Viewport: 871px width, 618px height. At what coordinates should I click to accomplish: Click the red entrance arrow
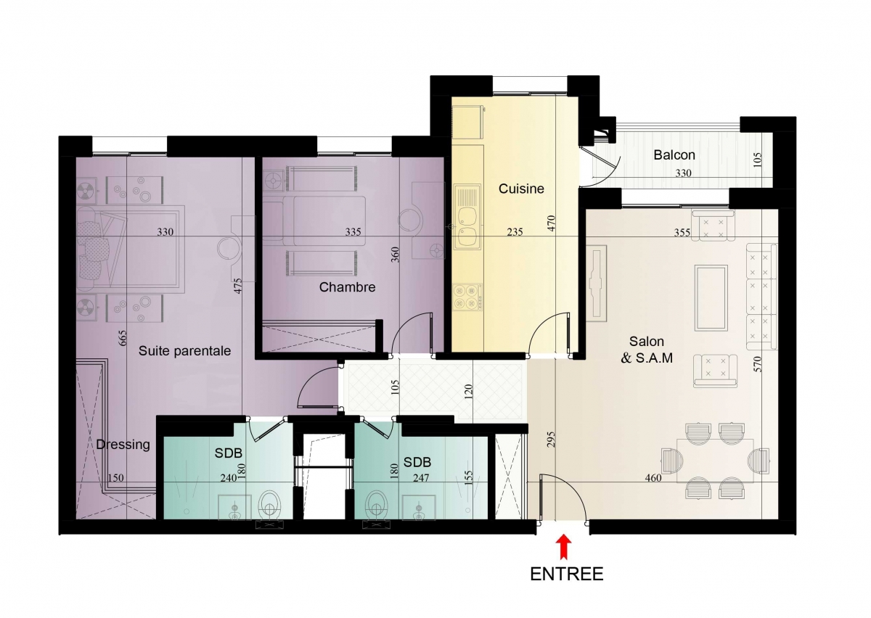pyautogui.click(x=563, y=547)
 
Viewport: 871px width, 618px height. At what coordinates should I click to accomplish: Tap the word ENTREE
pyautogui.click(x=567, y=574)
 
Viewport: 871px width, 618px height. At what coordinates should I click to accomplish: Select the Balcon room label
pyautogui.click(x=674, y=155)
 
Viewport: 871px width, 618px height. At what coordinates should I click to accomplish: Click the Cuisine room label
pyautogui.click(x=521, y=189)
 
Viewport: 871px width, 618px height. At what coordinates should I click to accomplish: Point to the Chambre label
pyautogui.click(x=347, y=287)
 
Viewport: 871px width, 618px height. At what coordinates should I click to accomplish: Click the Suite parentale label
pyautogui.click(x=184, y=351)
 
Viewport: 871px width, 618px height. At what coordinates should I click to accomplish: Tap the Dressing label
pyautogui.click(x=123, y=445)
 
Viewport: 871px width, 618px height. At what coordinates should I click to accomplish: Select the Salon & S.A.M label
pyautogui.click(x=647, y=350)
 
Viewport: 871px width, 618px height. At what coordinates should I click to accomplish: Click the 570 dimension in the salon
pyautogui.click(x=758, y=364)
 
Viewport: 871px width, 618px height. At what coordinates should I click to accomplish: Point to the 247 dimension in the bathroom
pyautogui.click(x=421, y=478)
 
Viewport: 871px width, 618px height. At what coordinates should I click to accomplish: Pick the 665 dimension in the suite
pyautogui.click(x=122, y=338)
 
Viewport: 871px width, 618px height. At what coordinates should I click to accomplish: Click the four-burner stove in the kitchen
pyautogui.click(x=467, y=297)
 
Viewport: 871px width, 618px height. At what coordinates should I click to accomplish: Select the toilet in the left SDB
pyautogui.click(x=269, y=504)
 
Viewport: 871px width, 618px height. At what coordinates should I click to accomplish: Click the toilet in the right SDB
pyautogui.click(x=377, y=504)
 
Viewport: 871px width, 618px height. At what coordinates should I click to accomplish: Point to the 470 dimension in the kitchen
pyautogui.click(x=551, y=223)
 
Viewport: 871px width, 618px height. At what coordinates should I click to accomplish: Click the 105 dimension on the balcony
pyautogui.click(x=757, y=160)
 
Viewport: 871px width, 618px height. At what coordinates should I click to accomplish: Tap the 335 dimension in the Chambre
pyautogui.click(x=353, y=232)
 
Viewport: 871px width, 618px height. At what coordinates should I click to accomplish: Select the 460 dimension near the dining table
pyautogui.click(x=653, y=478)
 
